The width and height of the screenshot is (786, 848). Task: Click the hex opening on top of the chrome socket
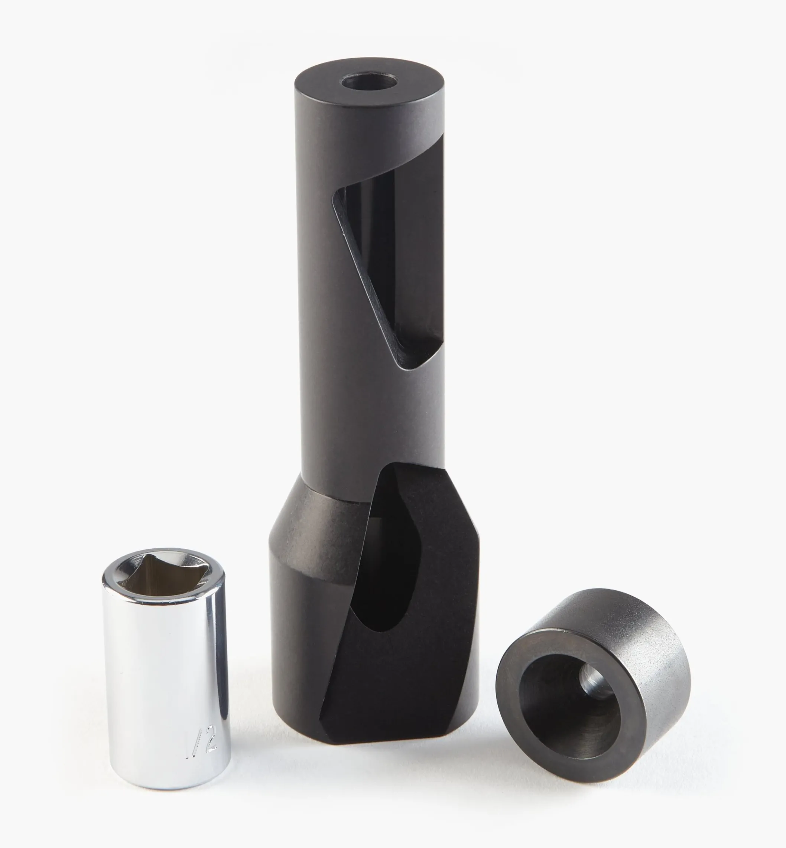163,571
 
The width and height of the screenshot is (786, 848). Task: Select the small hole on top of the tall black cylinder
369,80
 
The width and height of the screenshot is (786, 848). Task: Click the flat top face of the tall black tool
323,85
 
